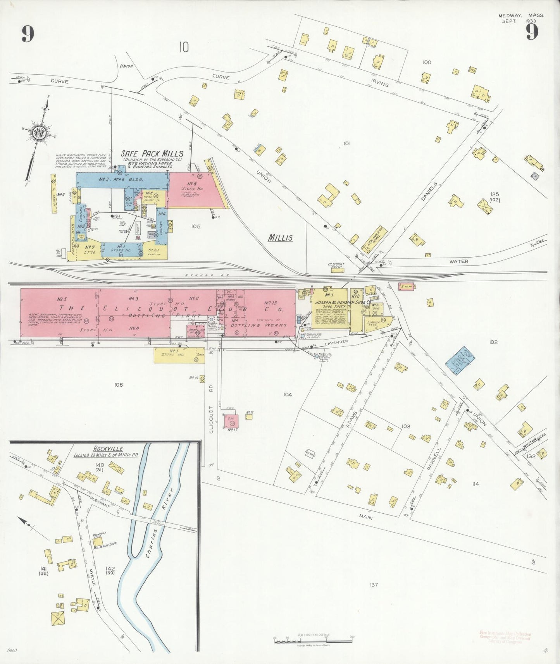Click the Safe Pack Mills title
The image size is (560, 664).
point(152,154)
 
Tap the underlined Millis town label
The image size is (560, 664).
point(281,238)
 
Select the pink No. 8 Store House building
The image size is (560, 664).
point(192,189)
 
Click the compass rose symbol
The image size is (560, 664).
point(39,133)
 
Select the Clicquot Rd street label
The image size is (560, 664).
point(211,419)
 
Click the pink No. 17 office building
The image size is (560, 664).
point(231,421)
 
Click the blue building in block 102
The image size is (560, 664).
point(460,360)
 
